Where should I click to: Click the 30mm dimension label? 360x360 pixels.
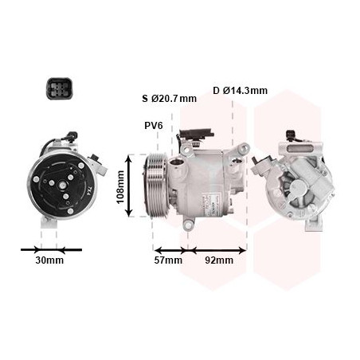tap(49, 260)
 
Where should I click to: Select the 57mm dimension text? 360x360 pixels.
tap(168, 260)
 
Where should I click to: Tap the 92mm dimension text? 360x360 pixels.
tap(219, 260)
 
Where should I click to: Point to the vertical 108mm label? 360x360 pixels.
tap(121, 187)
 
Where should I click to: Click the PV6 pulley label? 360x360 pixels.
tap(154, 126)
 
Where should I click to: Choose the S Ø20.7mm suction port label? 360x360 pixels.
tap(170, 99)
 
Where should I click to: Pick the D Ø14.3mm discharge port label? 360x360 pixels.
tap(240, 91)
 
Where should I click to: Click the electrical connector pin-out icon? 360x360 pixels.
tap(59, 88)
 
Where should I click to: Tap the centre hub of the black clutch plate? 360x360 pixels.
tap(62, 185)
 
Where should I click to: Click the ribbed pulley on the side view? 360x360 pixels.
tap(157, 186)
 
